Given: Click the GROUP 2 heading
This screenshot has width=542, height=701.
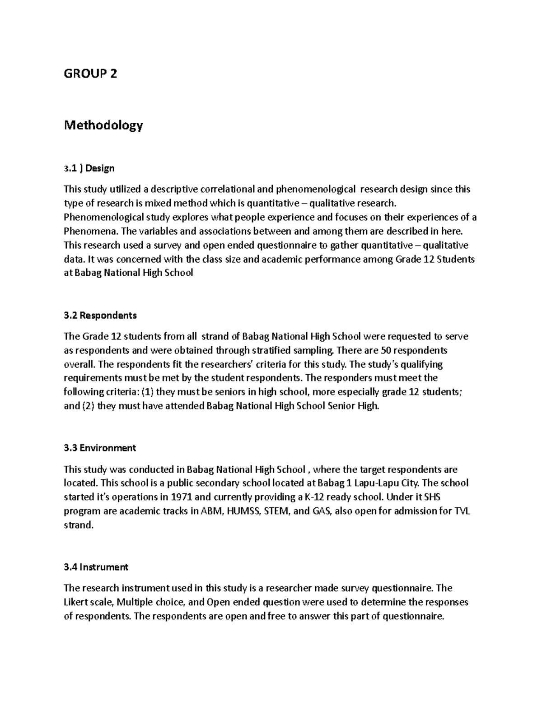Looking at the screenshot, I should point(90,74).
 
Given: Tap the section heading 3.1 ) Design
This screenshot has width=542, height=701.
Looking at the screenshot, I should point(89,168).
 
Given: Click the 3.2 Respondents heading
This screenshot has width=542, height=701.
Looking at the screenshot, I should point(100,315).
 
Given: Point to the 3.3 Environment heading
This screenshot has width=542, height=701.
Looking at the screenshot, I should point(100,448).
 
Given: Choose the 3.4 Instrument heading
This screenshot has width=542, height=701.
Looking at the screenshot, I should point(96,567).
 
